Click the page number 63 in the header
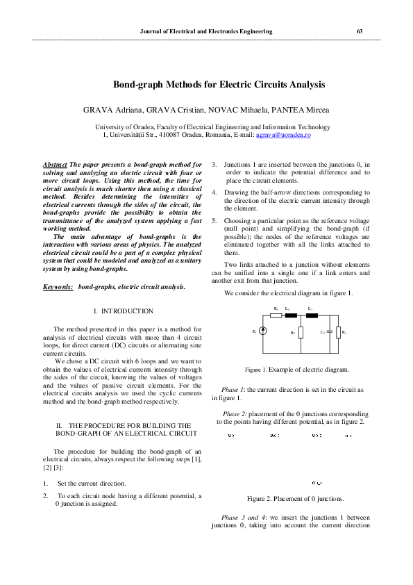(x=359, y=31)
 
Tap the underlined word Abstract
(x=55, y=165)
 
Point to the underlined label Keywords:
(x=58, y=286)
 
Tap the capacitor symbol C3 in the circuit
(x=329, y=333)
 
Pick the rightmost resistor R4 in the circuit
(x=338, y=333)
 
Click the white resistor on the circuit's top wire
(x=276, y=315)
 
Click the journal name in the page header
(x=206, y=31)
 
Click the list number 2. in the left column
(x=45, y=496)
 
